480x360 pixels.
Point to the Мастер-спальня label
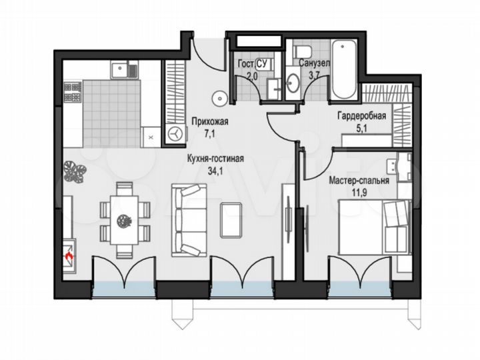point(359,180)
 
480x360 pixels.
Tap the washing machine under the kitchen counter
point(175,133)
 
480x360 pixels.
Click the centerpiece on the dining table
point(121,219)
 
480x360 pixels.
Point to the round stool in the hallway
point(218,99)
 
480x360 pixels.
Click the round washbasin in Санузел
point(292,83)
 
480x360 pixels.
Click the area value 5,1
point(361,126)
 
